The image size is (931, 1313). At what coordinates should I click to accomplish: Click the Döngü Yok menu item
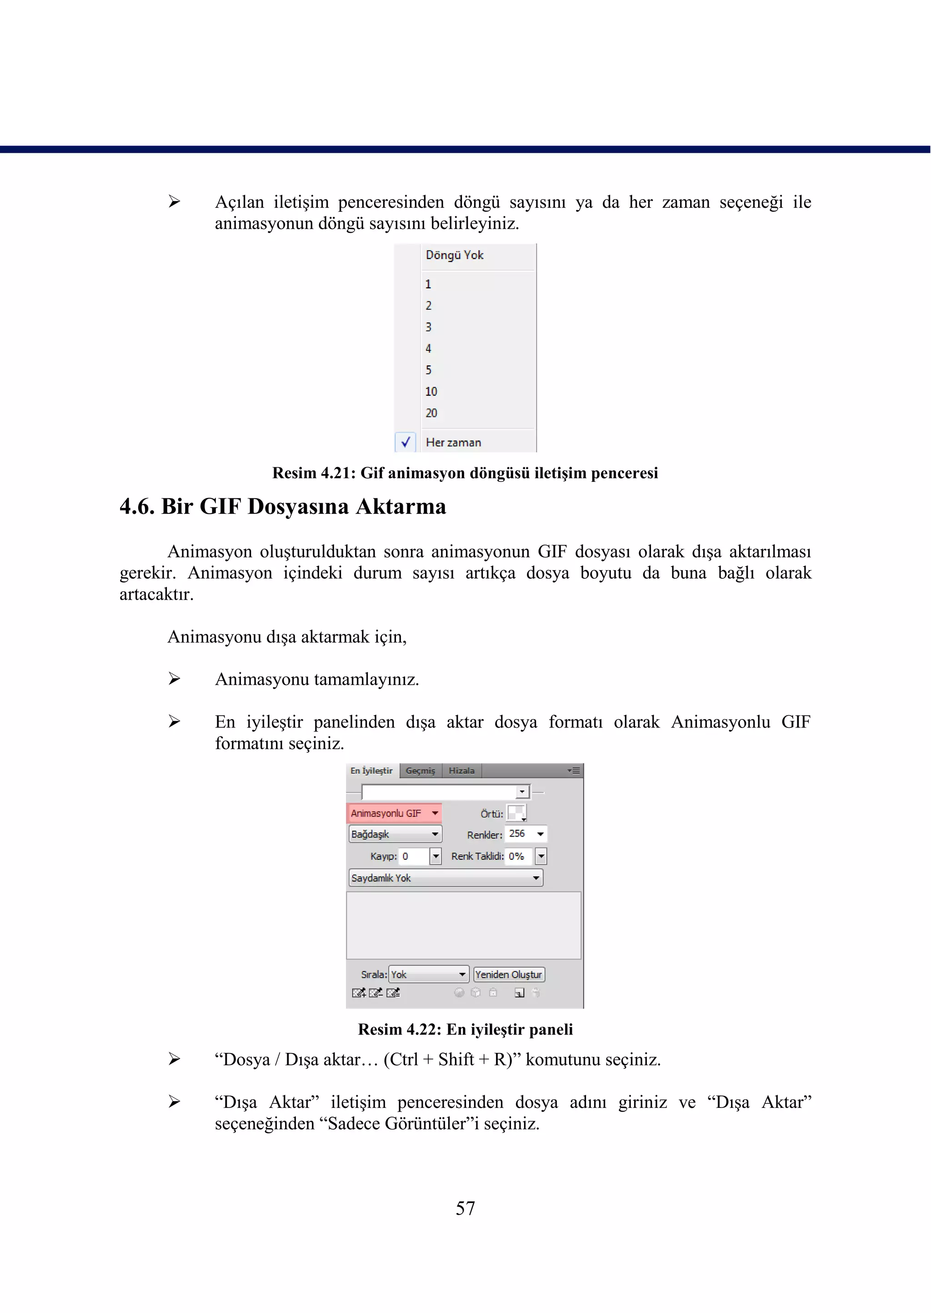point(455,255)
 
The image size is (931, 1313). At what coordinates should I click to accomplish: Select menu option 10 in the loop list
point(431,391)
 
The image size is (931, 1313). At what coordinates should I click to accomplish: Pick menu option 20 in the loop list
point(431,413)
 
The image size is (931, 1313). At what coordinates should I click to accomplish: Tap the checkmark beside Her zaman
point(406,442)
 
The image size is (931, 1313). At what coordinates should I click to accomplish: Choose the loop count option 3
point(428,327)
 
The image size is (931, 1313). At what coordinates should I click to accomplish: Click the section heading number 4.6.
point(136,507)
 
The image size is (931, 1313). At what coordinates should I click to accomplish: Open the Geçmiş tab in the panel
point(420,771)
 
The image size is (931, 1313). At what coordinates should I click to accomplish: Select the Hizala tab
point(461,771)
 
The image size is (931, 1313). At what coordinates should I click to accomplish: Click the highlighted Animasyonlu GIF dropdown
point(395,813)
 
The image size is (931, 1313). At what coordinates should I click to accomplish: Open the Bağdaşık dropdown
point(395,834)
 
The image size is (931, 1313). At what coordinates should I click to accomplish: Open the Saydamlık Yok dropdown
point(445,878)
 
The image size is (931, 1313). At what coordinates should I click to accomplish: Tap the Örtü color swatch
point(516,812)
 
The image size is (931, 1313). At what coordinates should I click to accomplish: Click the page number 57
point(465,1208)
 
